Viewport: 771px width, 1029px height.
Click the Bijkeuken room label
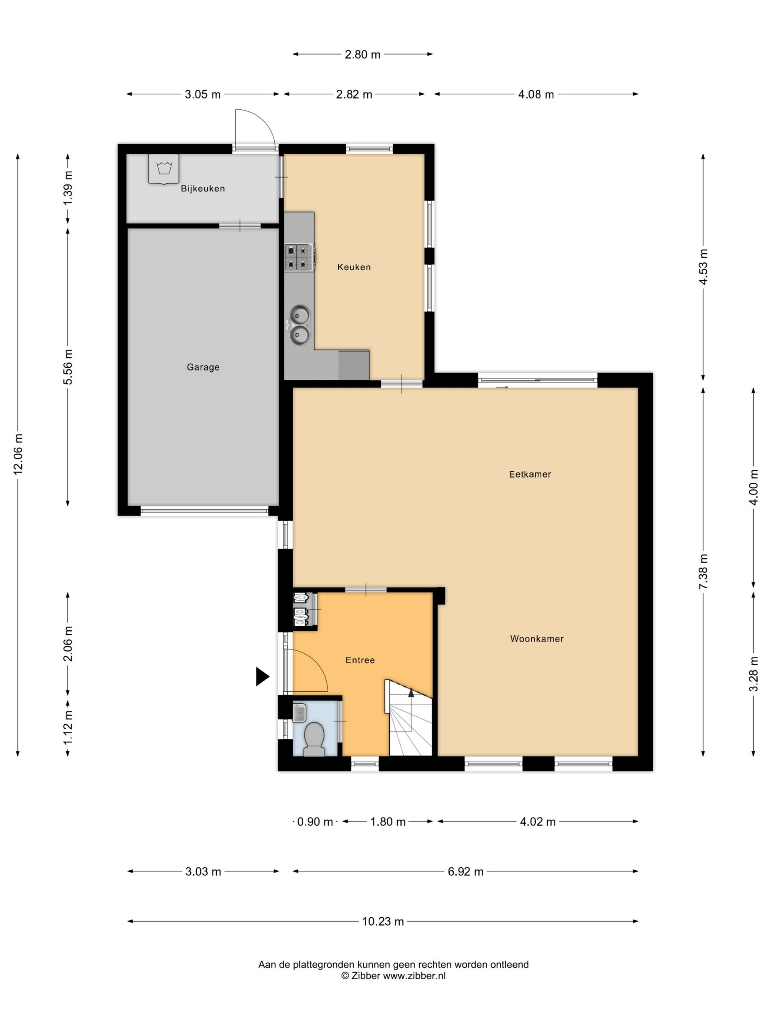click(203, 189)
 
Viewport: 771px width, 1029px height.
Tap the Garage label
click(203, 367)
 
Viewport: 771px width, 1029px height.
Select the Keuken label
click(354, 267)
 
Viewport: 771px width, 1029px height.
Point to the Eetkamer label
click(530, 474)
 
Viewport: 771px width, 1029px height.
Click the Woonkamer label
click(537, 639)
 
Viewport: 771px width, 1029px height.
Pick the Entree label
click(360, 660)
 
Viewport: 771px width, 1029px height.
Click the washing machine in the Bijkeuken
click(163, 169)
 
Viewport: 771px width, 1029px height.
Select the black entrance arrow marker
click(263, 676)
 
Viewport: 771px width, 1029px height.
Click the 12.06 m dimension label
click(18, 454)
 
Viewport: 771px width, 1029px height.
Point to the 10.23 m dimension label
click(383, 921)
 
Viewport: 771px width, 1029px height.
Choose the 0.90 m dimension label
click(315, 822)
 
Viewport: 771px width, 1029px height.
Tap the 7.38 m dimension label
click(703, 572)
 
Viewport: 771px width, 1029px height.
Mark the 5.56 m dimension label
click(68, 367)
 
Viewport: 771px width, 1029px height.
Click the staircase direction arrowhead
click(411, 693)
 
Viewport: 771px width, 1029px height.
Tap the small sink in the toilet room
click(299, 712)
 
